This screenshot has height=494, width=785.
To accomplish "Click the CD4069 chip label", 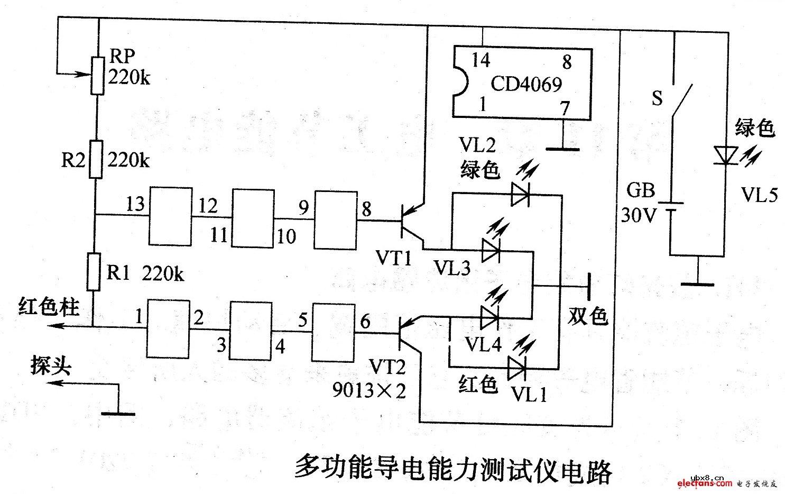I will pyautogui.click(x=525, y=84).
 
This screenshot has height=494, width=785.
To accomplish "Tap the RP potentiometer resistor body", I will pyautogui.click(x=97, y=75).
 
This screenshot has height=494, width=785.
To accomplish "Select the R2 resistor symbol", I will pyautogui.click(x=96, y=159).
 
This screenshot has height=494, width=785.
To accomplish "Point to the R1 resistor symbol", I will pyautogui.click(x=94, y=272).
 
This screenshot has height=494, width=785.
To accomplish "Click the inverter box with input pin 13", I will pyautogui.click(x=170, y=216).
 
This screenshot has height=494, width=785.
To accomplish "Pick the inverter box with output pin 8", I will pyautogui.click(x=336, y=219).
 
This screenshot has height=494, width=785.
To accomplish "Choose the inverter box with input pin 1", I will pyautogui.click(x=168, y=328).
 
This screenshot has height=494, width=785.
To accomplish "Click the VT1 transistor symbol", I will pyautogui.click(x=410, y=221).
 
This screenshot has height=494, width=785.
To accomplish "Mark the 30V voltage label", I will pyautogui.click(x=636, y=216).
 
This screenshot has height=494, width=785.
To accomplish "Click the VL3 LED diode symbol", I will pyautogui.click(x=490, y=250).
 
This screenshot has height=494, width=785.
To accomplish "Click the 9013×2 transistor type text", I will pyautogui.click(x=370, y=390).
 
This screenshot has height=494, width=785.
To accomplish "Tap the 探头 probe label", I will pyautogui.click(x=50, y=366).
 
